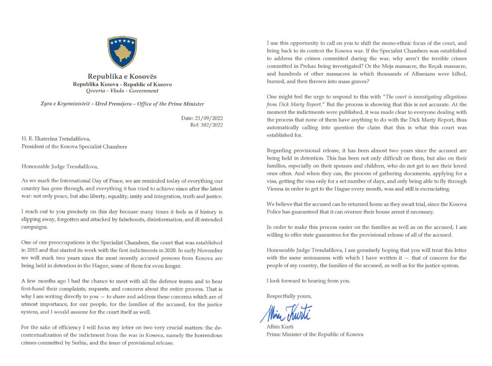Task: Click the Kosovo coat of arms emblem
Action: coord(122,51)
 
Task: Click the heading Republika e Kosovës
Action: coord(122,76)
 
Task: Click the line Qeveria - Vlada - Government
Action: coord(122,90)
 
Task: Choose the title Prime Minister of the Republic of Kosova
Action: coord(315,334)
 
